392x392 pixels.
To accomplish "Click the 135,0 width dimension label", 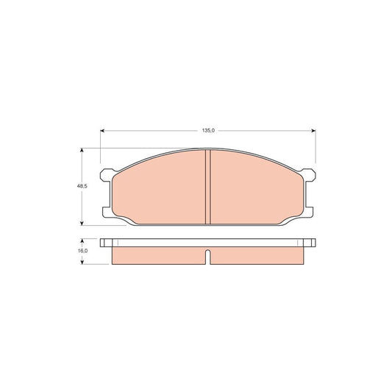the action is pyautogui.click(x=208, y=130).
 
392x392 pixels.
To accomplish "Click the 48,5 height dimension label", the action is pyautogui.click(x=82, y=186).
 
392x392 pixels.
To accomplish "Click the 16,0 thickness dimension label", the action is pyautogui.click(x=82, y=251).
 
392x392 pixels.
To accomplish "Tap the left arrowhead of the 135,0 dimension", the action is pyautogui.click(x=102, y=130).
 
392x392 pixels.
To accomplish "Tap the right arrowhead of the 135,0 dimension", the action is pyautogui.click(x=313, y=130).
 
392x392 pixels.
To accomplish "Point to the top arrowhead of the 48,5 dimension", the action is pyautogui.click(x=82, y=150).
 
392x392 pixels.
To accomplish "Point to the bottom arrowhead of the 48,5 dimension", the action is pyautogui.click(x=82, y=224).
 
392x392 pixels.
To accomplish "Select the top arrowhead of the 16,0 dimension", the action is pyautogui.click(x=82, y=240).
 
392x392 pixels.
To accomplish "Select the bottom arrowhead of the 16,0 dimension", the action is pyautogui.click(x=82, y=262).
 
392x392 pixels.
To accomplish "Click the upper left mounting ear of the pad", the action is pyautogui.click(x=106, y=175).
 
